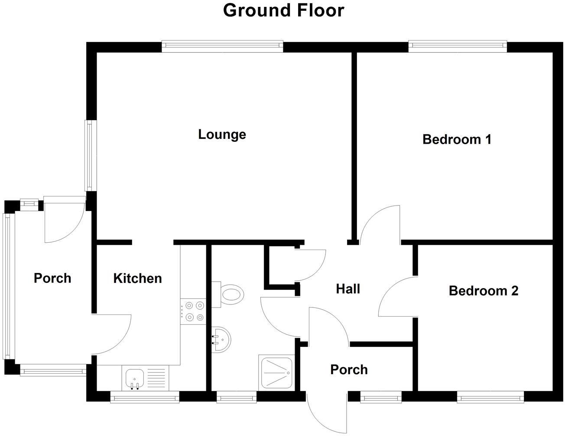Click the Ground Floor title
(283, 10)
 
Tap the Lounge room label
(222, 135)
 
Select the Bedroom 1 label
(457, 139)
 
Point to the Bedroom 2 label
(483, 291)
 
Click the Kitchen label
(137, 278)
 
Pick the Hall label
(348, 289)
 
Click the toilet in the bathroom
(230, 295)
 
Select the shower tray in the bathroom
(276, 372)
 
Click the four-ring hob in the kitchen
(193, 311)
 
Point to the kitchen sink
(134, 378)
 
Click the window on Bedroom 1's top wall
(458, 46)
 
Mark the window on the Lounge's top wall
(222, 46)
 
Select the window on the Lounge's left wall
(89, 155)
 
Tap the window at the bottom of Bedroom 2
(490, 396)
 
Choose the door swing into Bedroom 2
(396, 298)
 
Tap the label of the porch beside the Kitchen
(52, 278)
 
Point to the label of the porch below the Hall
(349, 369)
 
